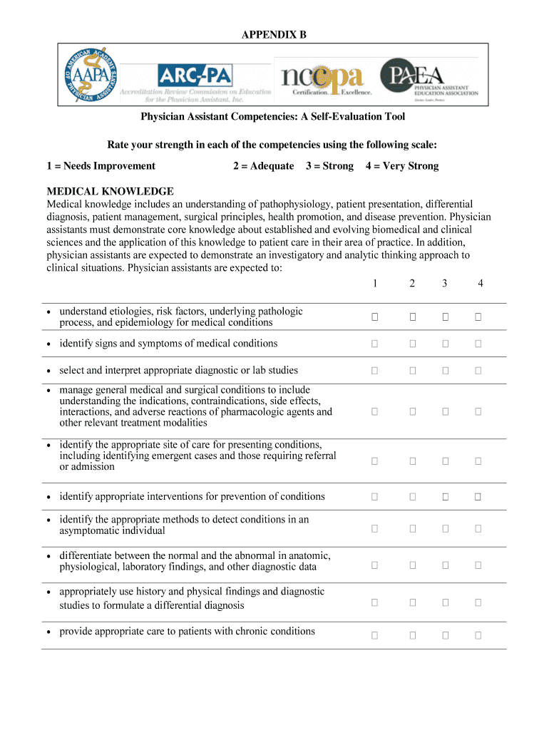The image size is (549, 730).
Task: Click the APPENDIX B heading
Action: pos(274,34)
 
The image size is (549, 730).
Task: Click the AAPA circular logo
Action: pos(91,75)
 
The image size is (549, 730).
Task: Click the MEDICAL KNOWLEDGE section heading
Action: pos(110,192)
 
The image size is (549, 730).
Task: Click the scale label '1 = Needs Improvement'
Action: pos(101,166)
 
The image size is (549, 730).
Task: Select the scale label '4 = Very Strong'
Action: pos(402,166)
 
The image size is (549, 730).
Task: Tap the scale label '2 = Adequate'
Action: pos(263,166)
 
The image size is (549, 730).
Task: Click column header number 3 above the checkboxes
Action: pos(444,284)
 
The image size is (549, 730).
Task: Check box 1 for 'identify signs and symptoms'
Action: pos(374,344)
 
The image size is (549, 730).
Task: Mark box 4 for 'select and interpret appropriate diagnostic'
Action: pos(478,371)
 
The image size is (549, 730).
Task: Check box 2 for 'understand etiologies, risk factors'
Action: pos(412,317)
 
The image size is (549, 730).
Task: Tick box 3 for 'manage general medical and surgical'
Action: pos(445,411)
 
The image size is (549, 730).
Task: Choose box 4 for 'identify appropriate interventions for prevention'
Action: pos(478,496)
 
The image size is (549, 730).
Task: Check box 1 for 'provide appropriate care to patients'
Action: pos(374,635)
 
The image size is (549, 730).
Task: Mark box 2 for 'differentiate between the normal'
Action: pos(412,565)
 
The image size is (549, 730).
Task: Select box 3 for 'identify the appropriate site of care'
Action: pos(445,461)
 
